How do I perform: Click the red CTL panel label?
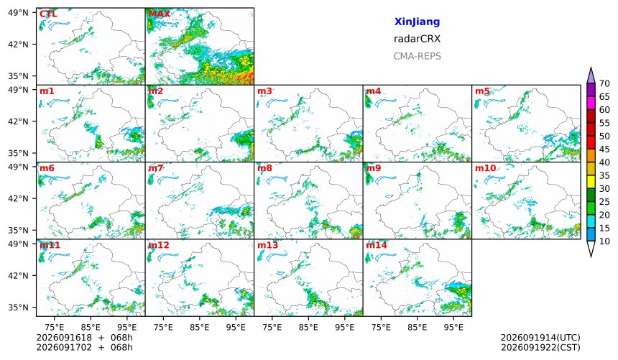[48, 14]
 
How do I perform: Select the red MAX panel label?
[160, 14]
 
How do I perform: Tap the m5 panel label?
[482, 91]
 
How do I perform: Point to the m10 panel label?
[485, 168]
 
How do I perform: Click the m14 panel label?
[377, 245]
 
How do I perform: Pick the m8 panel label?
[264, 168]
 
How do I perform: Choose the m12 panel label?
[159, 245]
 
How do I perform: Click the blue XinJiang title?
[417, 22]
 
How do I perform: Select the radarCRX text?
[417, 39]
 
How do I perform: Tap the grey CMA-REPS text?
[417, 56]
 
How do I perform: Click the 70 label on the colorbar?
[604, 83]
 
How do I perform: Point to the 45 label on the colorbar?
[604, 149]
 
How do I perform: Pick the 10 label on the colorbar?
[604, 241]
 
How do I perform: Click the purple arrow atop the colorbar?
[591, 75]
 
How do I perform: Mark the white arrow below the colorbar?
[591, 249]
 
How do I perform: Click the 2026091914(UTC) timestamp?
[540, 338]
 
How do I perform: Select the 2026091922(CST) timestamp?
[540, 347]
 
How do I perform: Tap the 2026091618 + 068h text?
[84, 338]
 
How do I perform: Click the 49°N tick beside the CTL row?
[18, 13]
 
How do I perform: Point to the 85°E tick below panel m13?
[308, 327]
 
